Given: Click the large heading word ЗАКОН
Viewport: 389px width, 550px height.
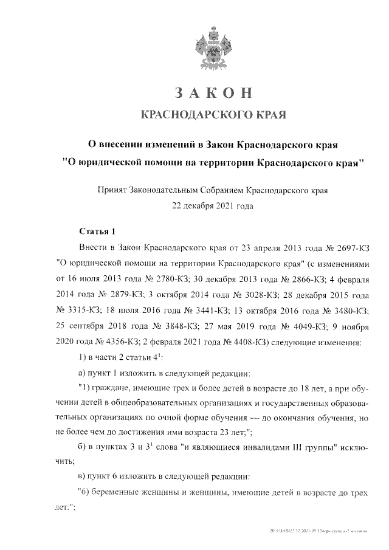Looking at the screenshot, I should (x=212, y=92).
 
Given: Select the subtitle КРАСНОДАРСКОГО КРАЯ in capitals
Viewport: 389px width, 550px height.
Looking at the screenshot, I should (x=212, y=115).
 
